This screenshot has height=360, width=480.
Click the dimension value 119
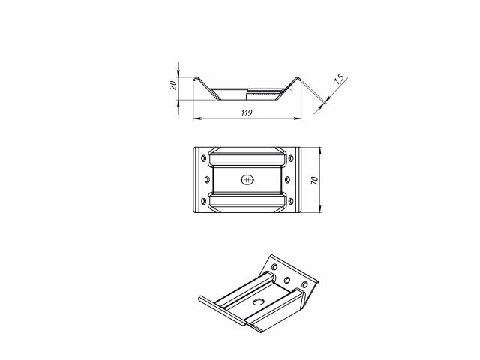[x=246, y=112]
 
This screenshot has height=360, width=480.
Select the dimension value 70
[x=315, y=180]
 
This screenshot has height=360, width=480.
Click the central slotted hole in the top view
[x=247, y=179]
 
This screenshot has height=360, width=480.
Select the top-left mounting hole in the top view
[x=205, y=157]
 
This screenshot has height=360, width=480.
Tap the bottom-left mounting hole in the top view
[x=205, y=202]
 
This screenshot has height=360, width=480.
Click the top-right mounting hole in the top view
[x=289, y=157]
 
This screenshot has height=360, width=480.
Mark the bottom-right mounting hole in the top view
[x=289, y=202]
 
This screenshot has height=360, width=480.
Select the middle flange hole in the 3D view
[x=289, y=278]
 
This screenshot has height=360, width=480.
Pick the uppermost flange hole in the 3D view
[x=274, y=266]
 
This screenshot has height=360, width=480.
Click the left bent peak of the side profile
[x=196, y=77]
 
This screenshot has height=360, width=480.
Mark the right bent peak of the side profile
[x=298, y=77]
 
